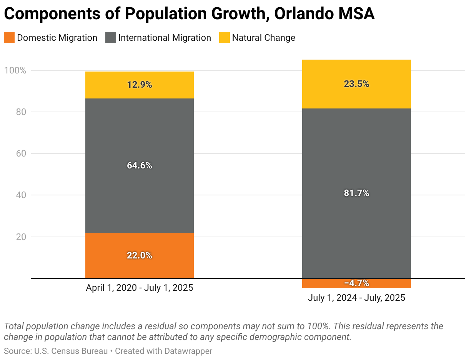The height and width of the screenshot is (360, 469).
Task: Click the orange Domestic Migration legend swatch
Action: (x=9, y=38)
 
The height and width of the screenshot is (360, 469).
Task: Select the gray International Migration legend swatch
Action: (x=111, y=38)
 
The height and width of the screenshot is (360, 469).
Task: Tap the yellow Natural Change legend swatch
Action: (x=225, y=38)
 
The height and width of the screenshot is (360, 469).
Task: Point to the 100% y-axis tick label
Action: (x=15, y=70)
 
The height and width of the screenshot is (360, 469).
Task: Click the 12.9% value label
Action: (x=140, y=85)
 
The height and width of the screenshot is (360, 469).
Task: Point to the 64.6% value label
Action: (x=140, y=165)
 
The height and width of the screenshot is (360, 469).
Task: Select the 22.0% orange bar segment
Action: (x=140, y=255)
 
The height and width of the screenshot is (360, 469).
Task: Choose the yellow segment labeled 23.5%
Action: (x=356, y=84)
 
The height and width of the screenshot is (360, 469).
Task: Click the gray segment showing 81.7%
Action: (x=356, y=193)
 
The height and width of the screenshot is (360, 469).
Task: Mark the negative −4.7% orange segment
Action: (x=356, y=283)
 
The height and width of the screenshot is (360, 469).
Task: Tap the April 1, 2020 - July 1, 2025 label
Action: (x=140, y=288)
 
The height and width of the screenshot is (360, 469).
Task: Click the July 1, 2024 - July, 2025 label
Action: (x=356, y=298)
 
